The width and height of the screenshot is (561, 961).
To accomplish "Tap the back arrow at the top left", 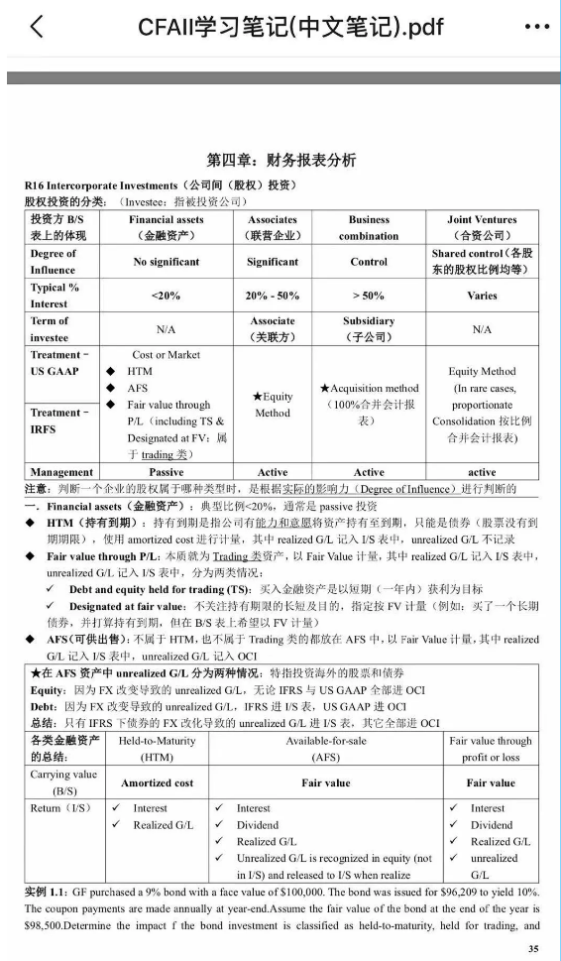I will point(37,26).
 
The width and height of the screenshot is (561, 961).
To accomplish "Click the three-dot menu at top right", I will point(535,27).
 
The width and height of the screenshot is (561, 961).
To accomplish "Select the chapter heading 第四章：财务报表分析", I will point(280,160).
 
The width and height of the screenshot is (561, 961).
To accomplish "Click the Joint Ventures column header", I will point(482,227).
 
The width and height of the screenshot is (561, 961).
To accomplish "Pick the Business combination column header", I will point(369,227).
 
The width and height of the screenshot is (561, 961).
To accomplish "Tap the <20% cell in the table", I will point(166,296).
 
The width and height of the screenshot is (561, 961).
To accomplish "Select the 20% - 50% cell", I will point(272,296).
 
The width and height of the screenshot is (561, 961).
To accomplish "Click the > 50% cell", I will point(369,296).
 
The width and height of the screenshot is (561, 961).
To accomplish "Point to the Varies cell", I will point(482,296).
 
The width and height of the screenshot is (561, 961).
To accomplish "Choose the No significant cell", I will point(166,262).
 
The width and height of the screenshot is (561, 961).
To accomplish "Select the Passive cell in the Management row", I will point(166,472).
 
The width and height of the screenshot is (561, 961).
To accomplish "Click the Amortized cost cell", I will point(157,782).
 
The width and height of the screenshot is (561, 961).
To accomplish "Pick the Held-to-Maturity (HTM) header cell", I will point(157,749).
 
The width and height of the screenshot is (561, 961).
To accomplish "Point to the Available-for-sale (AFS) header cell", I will point(325,749).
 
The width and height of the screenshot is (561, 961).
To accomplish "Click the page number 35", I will point(534,948).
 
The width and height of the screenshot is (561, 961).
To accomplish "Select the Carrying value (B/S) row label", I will point(63,782).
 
